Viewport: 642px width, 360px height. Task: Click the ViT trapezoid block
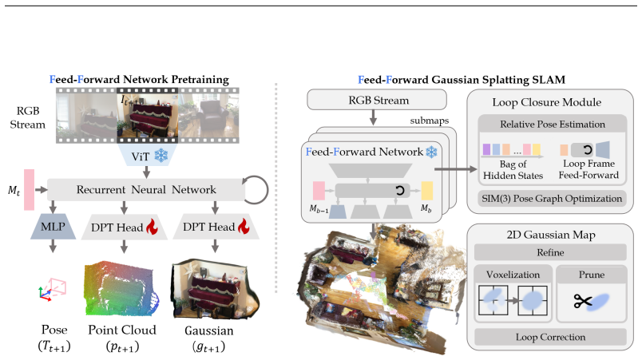tap(148, 155)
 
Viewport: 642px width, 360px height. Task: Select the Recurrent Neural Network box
tap(146, 189)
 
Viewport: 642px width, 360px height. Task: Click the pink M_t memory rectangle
tap(29, 189)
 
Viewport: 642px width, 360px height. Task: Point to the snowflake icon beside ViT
tap(161, 156)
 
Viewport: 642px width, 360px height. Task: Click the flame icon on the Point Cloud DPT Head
tap(152, 227)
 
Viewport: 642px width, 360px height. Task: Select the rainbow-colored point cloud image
tap(121, 290)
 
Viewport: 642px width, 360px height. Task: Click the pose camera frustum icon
tap(53, 289)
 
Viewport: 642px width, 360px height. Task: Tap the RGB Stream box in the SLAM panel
tap(377, 101)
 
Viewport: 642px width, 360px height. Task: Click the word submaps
tap(430, 121)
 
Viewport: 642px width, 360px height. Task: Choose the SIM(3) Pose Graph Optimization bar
tap(552, 199)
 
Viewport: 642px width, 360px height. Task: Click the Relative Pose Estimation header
tap(553, 124)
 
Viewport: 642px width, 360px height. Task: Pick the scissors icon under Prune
tap(583, 301)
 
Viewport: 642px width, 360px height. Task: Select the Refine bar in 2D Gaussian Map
tap(550, 252)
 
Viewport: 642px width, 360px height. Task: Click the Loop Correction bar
tap(550, 337)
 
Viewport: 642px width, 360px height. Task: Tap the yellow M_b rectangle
tap(427, 191)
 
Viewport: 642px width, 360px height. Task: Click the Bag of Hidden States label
tap(513, 170)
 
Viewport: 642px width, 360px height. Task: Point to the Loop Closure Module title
tap(547, 102)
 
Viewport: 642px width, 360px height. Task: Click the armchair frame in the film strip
tap(208, 116)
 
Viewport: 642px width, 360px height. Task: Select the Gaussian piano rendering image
tap(216, 290)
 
